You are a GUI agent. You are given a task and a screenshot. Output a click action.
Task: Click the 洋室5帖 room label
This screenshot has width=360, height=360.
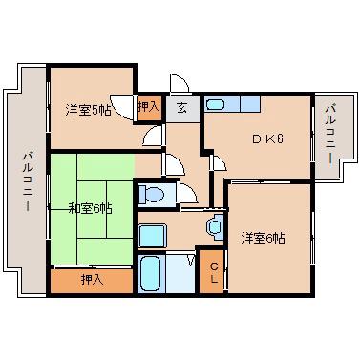87,108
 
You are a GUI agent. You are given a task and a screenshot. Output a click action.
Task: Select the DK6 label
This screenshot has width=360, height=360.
267,138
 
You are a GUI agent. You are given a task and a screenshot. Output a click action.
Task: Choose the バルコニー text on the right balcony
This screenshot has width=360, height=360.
329,135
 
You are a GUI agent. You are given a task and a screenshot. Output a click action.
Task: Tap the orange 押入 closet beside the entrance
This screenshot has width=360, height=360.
148,108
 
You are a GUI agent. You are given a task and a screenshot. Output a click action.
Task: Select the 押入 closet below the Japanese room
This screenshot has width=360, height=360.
91,280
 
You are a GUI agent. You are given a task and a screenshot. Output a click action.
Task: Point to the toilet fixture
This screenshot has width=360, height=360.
154,196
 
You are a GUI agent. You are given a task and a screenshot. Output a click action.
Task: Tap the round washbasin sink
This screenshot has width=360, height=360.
214,227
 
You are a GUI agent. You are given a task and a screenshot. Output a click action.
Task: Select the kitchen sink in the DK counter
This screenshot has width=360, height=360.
216,104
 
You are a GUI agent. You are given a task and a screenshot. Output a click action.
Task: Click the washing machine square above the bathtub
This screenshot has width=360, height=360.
152,235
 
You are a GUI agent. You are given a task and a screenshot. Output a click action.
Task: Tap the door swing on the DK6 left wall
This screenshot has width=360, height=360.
217,162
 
